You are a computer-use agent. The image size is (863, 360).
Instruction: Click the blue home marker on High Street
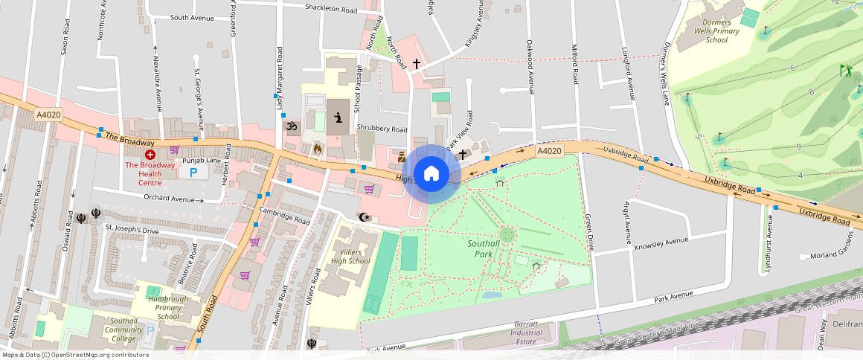click(431, 173)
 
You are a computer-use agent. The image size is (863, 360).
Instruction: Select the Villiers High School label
click(350, 257)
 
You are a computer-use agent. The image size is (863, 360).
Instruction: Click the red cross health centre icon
click(150, 155)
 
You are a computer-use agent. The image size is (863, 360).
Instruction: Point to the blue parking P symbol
click(194, 172)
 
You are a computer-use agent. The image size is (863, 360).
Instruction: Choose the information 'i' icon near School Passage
click(339, 118)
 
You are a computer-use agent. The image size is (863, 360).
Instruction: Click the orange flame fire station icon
click(317, 148)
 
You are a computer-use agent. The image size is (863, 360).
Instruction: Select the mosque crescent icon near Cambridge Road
click(364, 217)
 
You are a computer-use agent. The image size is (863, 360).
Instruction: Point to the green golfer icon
click(845, 71)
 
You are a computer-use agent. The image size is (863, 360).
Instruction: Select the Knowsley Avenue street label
click(661, 242)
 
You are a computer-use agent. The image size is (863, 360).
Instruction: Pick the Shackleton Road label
click(331, 9)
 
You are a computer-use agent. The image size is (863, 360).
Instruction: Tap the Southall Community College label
click(103, 330)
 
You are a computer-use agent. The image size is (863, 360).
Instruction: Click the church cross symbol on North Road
click(417, 65)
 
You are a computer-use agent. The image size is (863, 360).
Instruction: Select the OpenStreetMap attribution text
click(74, 355)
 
